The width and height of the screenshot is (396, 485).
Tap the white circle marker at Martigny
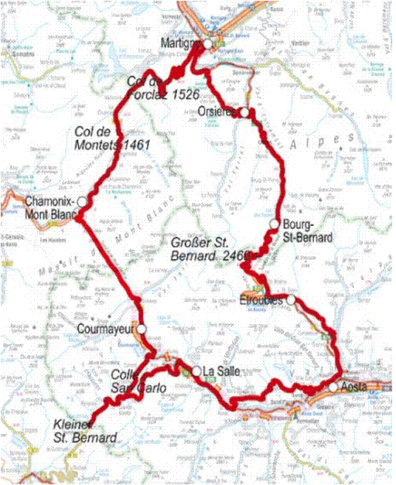pyautogui.click(x=209, y=45)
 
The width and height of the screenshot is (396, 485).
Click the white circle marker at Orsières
pyautogui.click(x=244, y=113)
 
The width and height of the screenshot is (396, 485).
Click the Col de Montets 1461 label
pyautogui.click(x=112, y=137)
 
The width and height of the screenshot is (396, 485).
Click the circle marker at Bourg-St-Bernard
pyautogui.click(x=274, y=224)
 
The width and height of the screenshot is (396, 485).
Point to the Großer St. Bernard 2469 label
pyautogui.click(x=212, y=248)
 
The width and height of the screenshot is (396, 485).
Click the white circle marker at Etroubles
pyautogui.click(x=291, y=300)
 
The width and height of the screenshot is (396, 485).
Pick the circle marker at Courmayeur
pyautogui.click(x=141, y=329)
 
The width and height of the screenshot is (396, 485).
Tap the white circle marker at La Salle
pyautogui.click(x=196, y=371)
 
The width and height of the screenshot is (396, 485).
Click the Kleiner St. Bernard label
pyautogui.click(x=85, y=432)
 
